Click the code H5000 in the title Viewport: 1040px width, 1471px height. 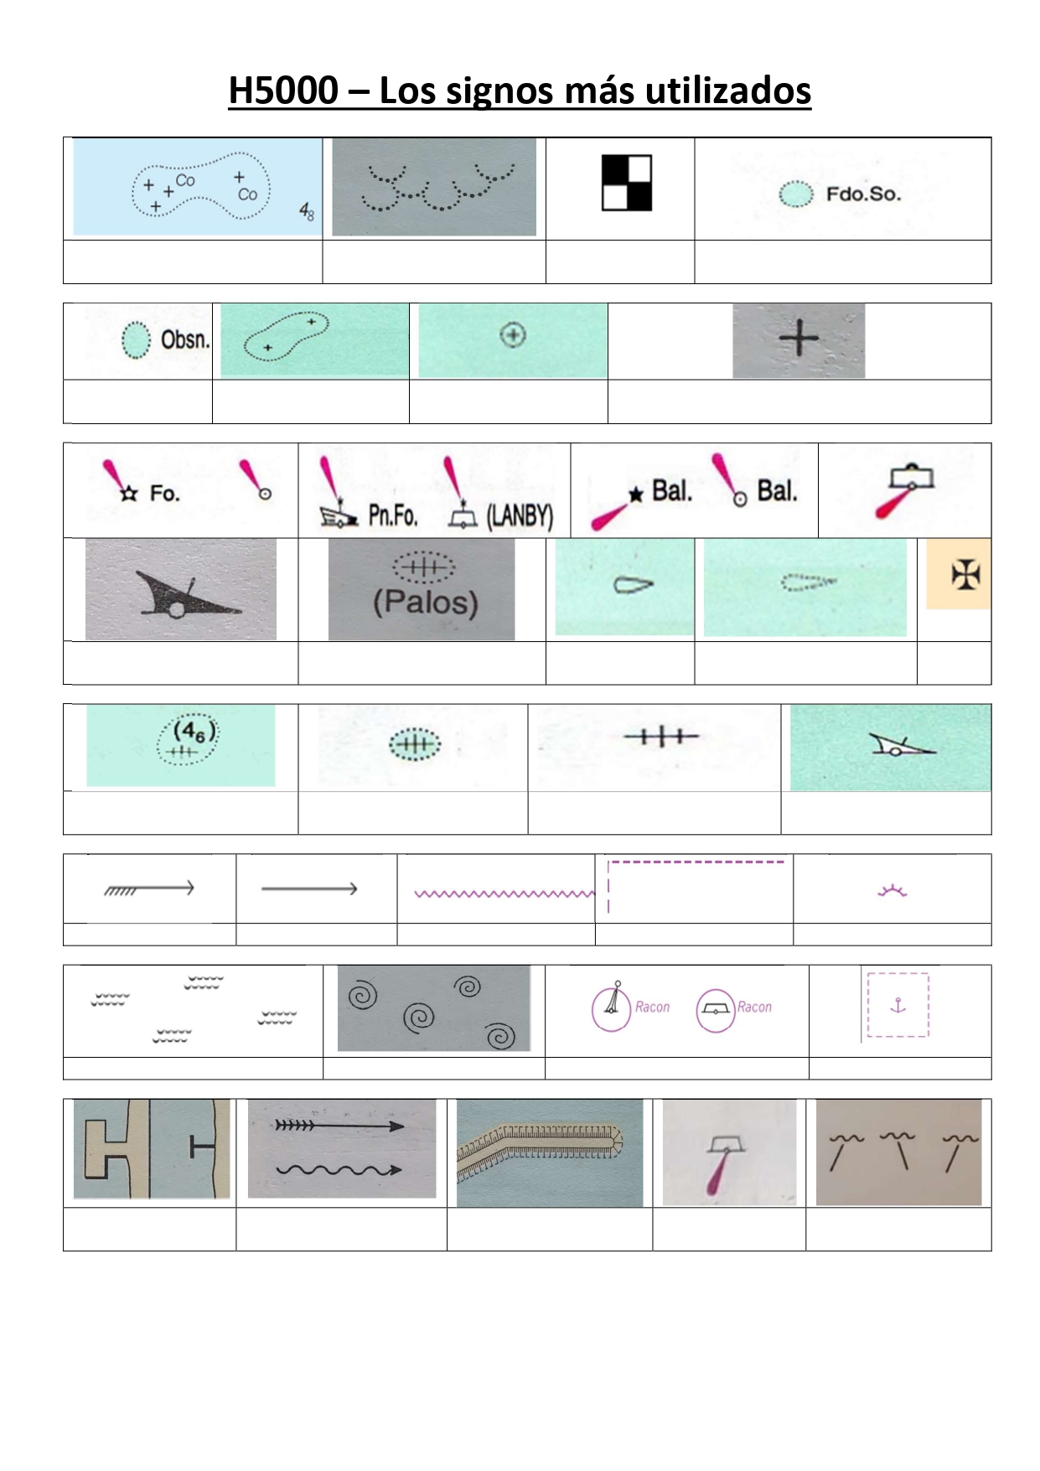tap(283, 91)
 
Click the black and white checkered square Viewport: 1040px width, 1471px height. tap(627, 183)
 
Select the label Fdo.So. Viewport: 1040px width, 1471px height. tap(863, 194)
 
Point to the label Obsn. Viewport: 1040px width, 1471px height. tap(184, 339)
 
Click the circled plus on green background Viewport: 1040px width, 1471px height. tap(513, 335)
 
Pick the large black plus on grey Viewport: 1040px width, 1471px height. tap(799, 339)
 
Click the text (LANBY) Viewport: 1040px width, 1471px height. tap(520, 515)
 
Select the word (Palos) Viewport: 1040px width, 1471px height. tap(426, 602)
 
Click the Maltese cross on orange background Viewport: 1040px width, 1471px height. tap(965, 574)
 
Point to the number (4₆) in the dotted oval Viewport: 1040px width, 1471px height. tap(194, 732)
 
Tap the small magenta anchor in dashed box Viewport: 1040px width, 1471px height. tap(898, 1005)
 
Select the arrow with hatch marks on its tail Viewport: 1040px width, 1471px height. tap(149, 888)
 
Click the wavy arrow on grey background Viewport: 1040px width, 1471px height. tap(339, 1169)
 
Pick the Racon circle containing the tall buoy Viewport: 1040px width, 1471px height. tap(611, 1007)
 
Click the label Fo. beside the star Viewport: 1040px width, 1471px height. tap(164, 493)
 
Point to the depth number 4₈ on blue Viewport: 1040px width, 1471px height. tap(308, 212)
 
